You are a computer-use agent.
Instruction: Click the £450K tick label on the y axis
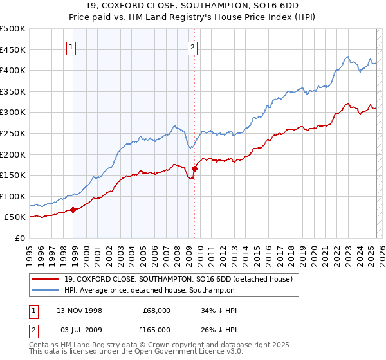pyautogui.click(x=13, y=50)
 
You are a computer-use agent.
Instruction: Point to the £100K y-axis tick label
pyautogui.click(x=13, y=196)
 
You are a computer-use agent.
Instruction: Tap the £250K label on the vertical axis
pyautogui.click(x=13, y=133)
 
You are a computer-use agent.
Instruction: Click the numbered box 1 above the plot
pyautogui.click(x=70, y=46)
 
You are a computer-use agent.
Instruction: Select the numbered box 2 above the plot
pyautogui.click(x=192, y=46)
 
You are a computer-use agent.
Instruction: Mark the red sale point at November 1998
pyautogui.click(x=73, y=209)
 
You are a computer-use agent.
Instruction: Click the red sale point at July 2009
pyautogui.click(x=194, y=168)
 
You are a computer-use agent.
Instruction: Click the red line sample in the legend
pyautogui.click(x=46, y=279)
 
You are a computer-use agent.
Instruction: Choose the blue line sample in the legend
pyautogui.click(x=46, y=290)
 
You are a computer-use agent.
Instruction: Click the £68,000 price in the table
pyautogui.click(x=156, y=310)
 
